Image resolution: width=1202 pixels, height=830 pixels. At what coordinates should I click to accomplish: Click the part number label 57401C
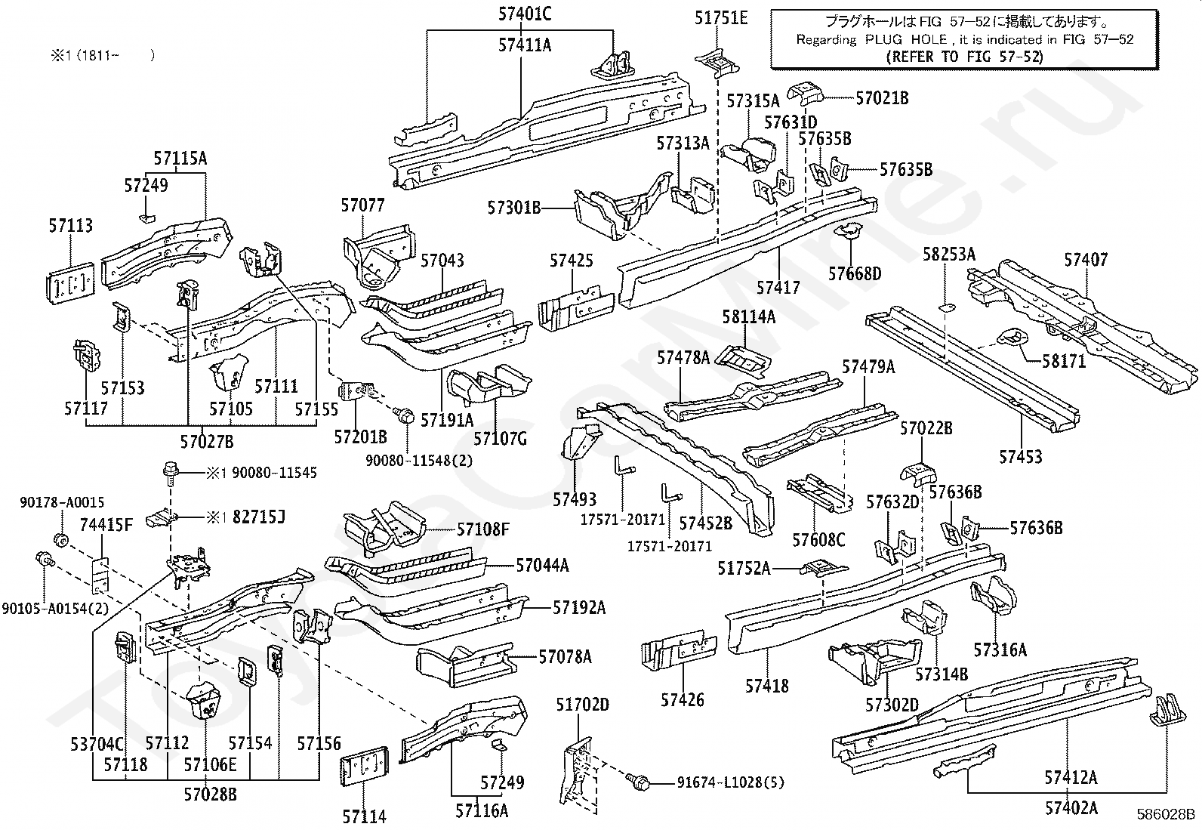point(524,14)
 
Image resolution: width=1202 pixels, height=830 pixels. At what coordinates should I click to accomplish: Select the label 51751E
point(720,18)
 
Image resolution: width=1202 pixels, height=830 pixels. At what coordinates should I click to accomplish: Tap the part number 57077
point(362,205)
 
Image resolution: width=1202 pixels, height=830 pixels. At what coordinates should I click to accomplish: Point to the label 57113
point(71,226)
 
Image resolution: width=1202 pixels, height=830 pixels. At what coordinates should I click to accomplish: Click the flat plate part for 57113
point(71,283)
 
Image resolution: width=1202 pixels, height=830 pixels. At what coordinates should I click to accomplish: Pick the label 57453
point(1020,457)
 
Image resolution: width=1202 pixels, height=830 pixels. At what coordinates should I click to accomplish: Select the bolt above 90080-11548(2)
point(405,415)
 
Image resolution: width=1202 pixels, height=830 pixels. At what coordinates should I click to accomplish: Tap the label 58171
point(1064,361)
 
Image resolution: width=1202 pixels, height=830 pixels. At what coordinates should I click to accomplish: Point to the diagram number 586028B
point(1166,814)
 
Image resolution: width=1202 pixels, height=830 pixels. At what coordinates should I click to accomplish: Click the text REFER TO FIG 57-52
point(964,57)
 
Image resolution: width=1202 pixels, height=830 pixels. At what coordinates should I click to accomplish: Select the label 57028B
point(210,794)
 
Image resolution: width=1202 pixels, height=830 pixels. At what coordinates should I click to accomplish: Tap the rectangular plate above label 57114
point(365,766)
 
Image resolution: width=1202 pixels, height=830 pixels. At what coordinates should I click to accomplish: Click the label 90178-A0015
point(62,502)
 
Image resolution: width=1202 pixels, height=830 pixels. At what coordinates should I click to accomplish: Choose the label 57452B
point(706,523)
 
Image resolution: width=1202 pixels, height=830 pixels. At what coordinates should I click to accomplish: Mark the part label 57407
point(1086,260)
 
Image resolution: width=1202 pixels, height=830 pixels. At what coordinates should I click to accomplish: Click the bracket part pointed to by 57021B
point(805,94)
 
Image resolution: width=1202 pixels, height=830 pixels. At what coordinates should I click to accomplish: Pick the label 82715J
point(259,517)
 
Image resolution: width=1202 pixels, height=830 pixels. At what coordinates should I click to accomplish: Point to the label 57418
point(767,686)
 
